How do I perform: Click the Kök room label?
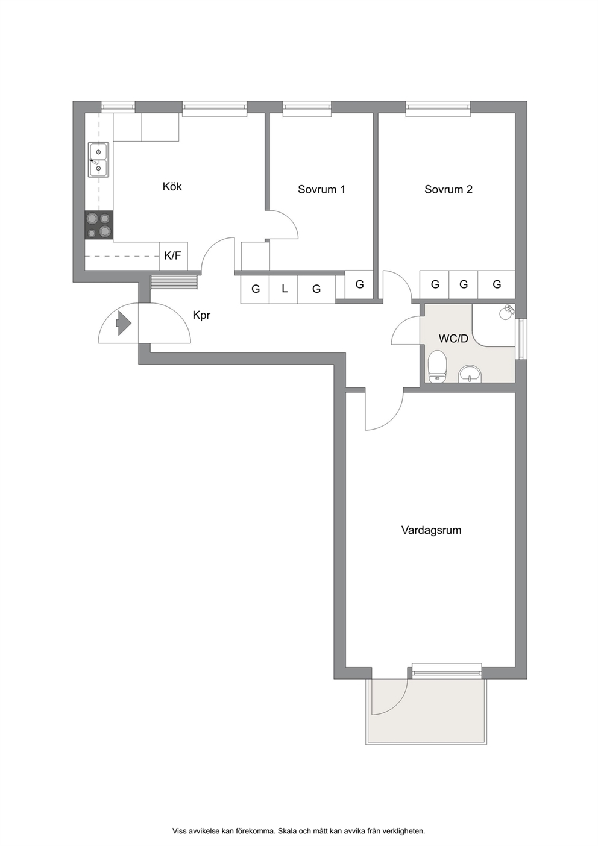pyautogui.click(x=172, y=186)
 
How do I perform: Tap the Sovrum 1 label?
pyautogui.click(x=321, y=189)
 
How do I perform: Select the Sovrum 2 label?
pyautogui.click(x=448, y=189)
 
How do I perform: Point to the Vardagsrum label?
pyautogui.click(x=431, y=530)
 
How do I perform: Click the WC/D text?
pyautogui.click(x=453, y=339)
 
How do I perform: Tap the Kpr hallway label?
pyautogui.click(x=201, y=315)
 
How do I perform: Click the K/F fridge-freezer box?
pyautogui.click(x=174, y=256)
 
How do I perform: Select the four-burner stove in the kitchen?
pyautogui.click(x=99, y=225)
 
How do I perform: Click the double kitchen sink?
pyautogui.click(x=98, y=160)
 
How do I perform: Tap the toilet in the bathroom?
pyautogui.click(x=438, y=366)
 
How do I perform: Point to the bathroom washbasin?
pyautogui.click(x=470, y=374)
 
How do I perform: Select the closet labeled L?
pyautogui.click(x=284, y=290)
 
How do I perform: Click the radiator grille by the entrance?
pyautogui.click(x=174, y=282)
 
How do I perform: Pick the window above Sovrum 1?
pyautogui.click(x=307, y=107)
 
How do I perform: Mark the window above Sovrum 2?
pyautogui.click(x=438, y=107)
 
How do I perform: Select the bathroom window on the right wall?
pyautogui.click(x=521, y=337)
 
